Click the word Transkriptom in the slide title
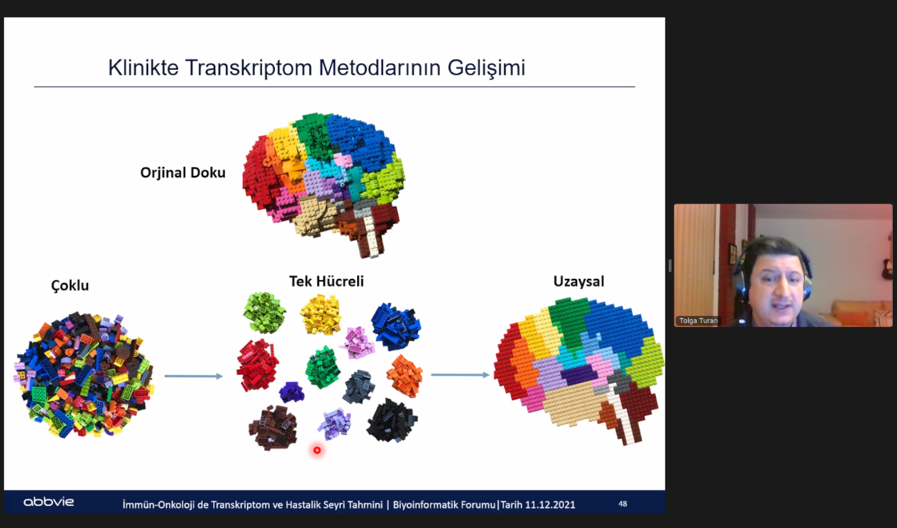(x=249, y=67)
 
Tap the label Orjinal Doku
(x=183, y=173)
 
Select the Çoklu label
(x=70, y=286)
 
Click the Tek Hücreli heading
(x=327, y=281)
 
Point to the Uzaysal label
(x=579, y=281)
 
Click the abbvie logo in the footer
(x=49, y=502)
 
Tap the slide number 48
(x=623, y=504)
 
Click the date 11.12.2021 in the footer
(x=550, y=505)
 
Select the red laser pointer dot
(x=317, y=450)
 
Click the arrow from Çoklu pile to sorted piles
(x=194, y=376)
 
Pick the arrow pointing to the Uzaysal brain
(x=460, y=375)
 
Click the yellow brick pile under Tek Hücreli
(x=321, y=315)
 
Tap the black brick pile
(x=392, y=421)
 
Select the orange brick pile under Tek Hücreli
(x=405, y=376)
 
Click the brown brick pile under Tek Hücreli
(x=273, y=428)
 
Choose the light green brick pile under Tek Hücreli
(x=264, y=313)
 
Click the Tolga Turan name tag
(x=698, y=320)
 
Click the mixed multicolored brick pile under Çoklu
(x=84, y=374)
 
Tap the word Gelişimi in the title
(x=486, y=67)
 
